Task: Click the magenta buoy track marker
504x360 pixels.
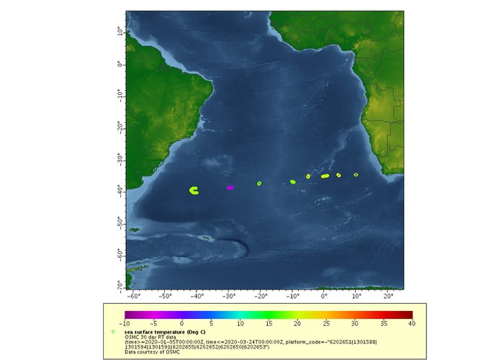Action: point(230,187)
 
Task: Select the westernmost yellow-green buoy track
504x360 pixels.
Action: point(194,190)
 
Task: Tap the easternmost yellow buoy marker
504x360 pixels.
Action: point(356,175)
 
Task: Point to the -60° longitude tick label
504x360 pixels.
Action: point(133,295)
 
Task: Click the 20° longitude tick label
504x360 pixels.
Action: point(387,295)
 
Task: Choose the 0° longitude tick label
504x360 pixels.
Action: point(324,295)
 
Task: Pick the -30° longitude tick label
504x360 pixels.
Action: point(228,295)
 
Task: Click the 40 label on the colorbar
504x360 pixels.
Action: point(412,323)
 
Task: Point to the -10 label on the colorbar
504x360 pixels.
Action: point(125,323)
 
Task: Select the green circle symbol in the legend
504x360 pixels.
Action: point(113,331)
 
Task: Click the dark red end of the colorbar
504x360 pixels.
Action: point(408,314)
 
